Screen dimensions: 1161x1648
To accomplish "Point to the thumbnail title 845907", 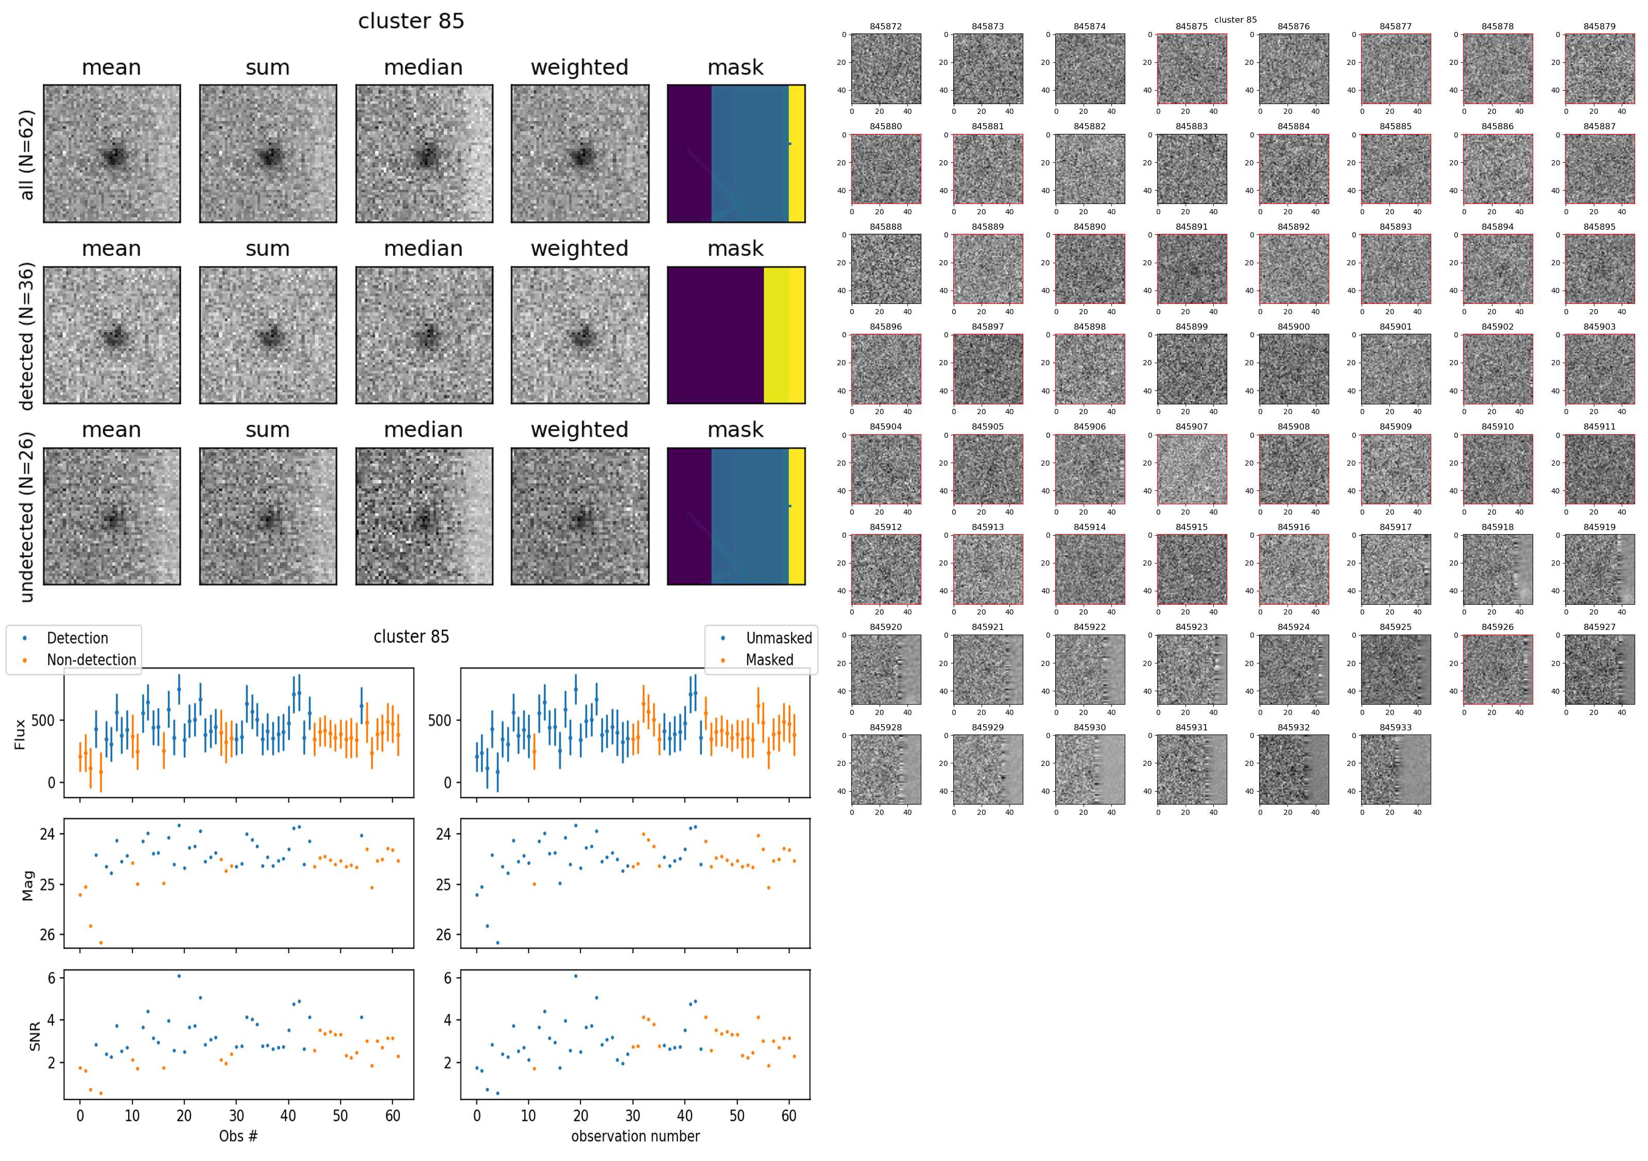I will [x=1192, y=426].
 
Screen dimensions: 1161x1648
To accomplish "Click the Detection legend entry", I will [x=77, y=638].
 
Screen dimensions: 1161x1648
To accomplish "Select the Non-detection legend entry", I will [x=91, y=660].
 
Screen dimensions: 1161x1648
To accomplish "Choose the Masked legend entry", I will [x=769, y=660].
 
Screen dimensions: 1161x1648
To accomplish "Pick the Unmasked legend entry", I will [x=779, y=638].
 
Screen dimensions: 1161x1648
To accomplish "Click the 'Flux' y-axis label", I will [x=20, y=734].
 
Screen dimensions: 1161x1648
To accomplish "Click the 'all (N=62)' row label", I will [x=27, y=155].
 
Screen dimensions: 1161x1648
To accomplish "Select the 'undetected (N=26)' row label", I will [x=27, y=517].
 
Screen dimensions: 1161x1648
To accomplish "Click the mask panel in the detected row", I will [x=736, y=335].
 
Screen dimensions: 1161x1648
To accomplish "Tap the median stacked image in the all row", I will [x=424, y=153].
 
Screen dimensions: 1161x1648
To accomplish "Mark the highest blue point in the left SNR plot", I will [x=179, y=976].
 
